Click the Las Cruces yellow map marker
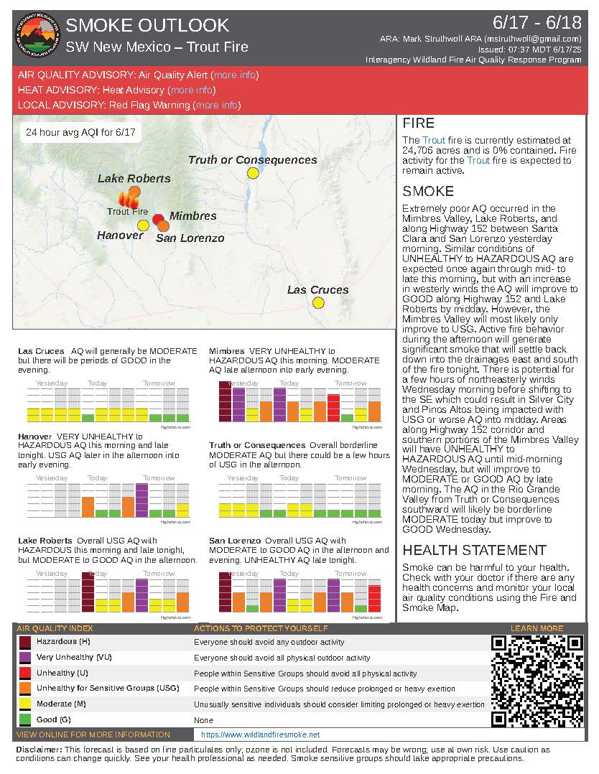[318, 302]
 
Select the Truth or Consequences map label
[252, 160]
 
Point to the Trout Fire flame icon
[129, 199]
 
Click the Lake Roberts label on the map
[134, 178]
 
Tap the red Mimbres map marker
[159, 218]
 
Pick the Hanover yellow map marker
[143, 225]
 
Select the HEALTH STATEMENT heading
[475, 550]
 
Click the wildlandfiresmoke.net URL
[260, 735]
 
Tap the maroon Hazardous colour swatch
[25, 642]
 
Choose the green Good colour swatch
[25, 719]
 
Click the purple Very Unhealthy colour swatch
[25, 658]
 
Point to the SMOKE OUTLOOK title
[147, 26]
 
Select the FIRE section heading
[419, 123]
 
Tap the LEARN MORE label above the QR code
[537, 628]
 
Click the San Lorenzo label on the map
[190, 238]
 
